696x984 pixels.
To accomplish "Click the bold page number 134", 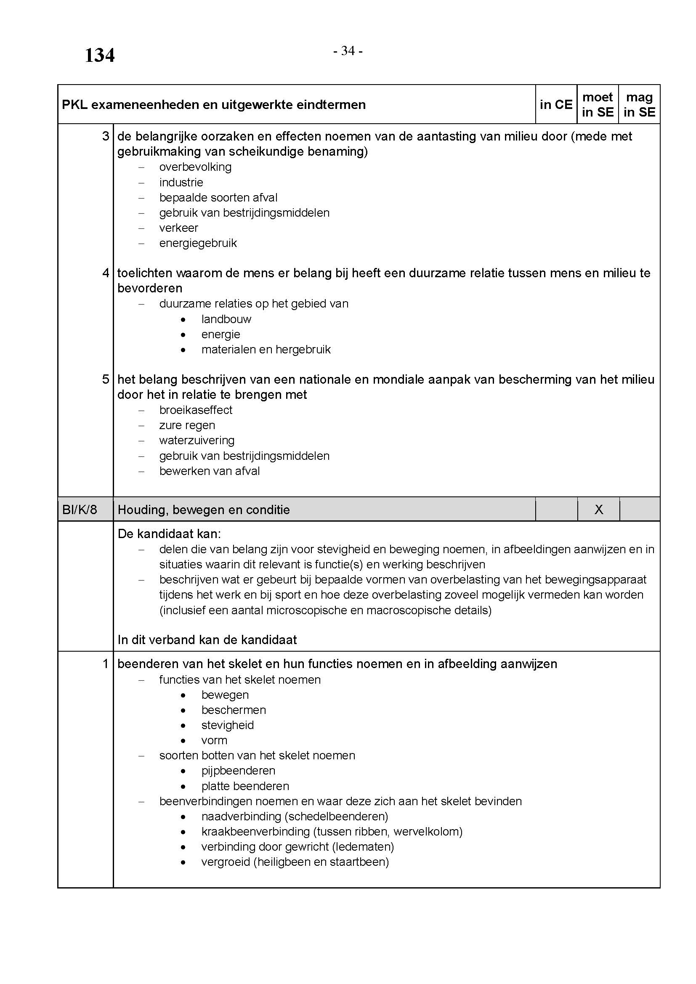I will (x=99, y=55).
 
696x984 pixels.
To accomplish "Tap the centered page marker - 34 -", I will (x=348, y=51).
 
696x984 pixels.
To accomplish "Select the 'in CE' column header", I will (x=556, y=105).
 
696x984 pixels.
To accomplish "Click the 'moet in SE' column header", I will (x=598, y=105).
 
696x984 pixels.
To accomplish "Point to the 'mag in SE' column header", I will (x=639, y=105).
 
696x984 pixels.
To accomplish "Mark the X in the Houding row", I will (x=599, y=509).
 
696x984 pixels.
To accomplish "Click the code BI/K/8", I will (x=80, y=509).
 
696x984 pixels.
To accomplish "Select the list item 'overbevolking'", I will (x=195, y=167).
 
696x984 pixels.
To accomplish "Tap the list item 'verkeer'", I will (x=178, y=228).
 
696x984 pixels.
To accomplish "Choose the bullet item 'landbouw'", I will (x=226, y=319).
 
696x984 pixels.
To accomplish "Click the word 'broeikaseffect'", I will (x=195, y=410).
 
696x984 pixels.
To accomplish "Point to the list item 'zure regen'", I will (x=187, y=425).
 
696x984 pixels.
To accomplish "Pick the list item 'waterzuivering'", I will (x=197, y=440).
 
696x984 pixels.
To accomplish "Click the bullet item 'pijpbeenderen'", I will (x=238, y=770).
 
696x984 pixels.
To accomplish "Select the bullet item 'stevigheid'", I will (x=227, y=725).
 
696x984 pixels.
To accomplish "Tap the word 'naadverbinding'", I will (x=241, y=816).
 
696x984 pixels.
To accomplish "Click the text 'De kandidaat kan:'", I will (x=169, y=533).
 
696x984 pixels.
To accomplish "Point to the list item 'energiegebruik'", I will (x=198, y=243).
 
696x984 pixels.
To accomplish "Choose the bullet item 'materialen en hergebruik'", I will (x=266, y=349).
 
